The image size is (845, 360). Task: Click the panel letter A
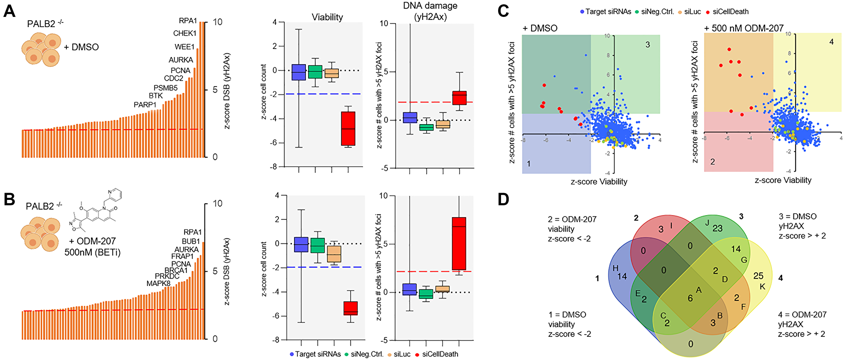tap(9, 11)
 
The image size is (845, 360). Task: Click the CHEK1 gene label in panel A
tap(185, 33)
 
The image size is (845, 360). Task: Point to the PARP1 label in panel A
tap(145, 105)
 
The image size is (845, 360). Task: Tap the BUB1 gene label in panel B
tap(191, 241)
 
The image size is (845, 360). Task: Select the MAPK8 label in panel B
tap(158, 284)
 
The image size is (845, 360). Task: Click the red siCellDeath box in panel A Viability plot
tap(348, 128)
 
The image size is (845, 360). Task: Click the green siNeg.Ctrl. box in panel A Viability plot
tap(315, 72)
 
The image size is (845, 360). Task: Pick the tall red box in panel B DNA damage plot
tap(459, 243)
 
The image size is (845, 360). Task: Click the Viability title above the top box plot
tap(327, 17)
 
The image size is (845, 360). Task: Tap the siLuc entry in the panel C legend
tap(692, 12)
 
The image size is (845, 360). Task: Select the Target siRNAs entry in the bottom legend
tap(317, 354)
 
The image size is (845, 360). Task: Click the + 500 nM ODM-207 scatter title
tap(744, 28)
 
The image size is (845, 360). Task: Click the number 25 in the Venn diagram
tap(758, 276)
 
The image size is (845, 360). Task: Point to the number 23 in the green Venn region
tap(717, 229)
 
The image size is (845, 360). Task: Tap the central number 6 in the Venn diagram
tap(690, 298)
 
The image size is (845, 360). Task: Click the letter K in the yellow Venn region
tap(762, 286)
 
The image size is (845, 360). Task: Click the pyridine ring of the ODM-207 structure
tap(115, 195)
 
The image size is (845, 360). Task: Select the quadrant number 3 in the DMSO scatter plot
tap(647, 45)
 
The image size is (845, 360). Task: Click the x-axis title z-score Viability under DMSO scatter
tap(599, 182)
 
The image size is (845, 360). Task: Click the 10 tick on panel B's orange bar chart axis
tap(217, 204)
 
